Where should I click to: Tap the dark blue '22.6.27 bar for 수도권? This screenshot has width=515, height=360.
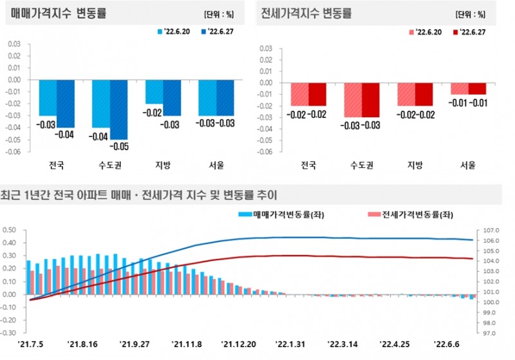click(119, 109)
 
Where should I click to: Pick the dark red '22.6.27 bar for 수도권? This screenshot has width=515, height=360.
click(371, 100)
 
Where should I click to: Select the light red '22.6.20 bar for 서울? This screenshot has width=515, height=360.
click(459, 88)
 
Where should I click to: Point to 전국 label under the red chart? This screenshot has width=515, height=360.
click(308, 166)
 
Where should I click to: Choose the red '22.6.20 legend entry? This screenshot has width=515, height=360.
click(424, 31)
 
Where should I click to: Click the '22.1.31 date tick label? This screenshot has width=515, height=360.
click(291, 344)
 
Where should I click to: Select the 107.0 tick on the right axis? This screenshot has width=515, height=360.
click(487, 230)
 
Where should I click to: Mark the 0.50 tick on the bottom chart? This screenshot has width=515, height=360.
click(10, 230)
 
